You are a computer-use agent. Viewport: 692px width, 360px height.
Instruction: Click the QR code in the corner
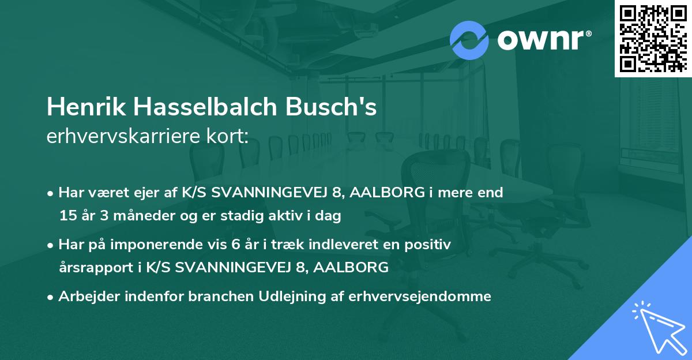tap(653, 39)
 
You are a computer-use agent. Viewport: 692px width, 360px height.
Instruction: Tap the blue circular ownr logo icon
tap(469, 40)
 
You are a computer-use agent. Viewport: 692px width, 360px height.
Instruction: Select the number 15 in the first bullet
tap(67, 216)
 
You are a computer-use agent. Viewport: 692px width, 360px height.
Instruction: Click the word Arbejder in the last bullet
tap(83, 297)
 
